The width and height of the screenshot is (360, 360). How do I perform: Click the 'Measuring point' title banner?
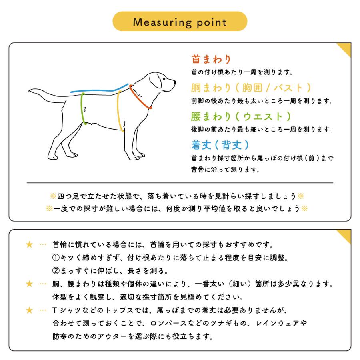click(x=180, y=22)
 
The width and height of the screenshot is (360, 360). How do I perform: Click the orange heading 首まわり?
click(x=212, y=60)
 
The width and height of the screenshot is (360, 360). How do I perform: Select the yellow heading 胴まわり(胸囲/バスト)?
click(x=251, y=88)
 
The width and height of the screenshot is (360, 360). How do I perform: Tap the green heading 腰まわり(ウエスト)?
click(x=240, y=116)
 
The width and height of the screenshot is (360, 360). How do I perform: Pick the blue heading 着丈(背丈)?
click(x=220, y=144)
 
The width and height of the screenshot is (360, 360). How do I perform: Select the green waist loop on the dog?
click(x=83, y=108)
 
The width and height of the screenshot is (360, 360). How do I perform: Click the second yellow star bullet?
click(x=29, y=284)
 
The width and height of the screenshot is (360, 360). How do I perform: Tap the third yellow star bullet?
click(x=29, y=310)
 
